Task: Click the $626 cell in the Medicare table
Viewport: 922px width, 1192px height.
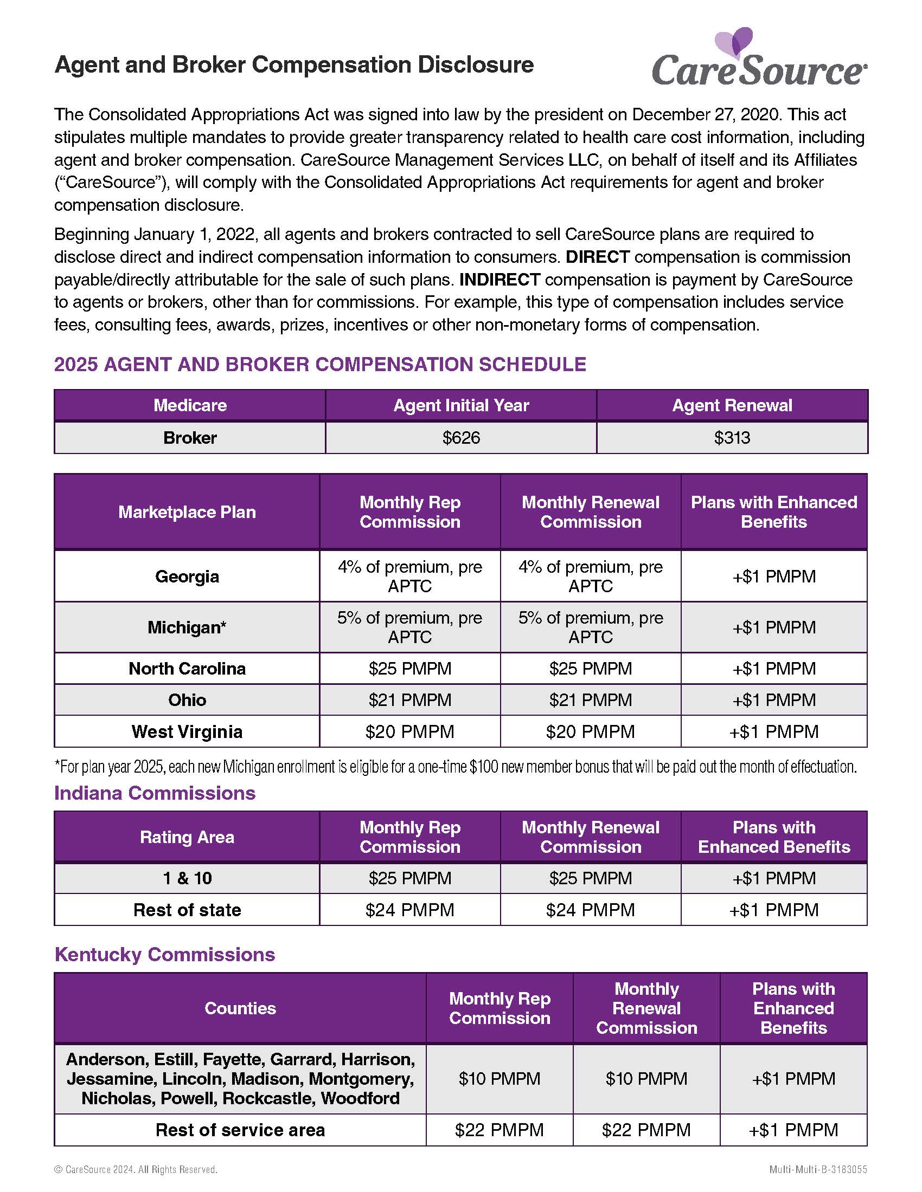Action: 461,438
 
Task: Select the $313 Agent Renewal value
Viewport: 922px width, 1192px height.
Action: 732,438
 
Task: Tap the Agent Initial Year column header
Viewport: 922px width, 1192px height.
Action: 461,405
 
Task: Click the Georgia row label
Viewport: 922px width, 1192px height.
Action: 187,576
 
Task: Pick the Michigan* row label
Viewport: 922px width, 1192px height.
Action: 187,627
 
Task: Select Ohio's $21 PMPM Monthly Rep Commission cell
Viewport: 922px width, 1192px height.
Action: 409,699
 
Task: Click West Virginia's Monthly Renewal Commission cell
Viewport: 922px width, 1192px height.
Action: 591,731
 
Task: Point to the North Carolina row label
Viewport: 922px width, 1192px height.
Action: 187,669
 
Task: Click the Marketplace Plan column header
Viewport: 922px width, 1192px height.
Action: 187,512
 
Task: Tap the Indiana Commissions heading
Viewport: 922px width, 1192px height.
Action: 155,793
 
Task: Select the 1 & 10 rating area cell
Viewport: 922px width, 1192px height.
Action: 187,878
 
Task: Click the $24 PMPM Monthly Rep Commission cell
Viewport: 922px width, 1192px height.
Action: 409,910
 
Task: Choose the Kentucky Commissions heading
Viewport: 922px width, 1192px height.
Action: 164,955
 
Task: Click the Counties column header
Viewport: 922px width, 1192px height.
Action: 240,1008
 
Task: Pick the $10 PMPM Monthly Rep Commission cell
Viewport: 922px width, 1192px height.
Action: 499,1078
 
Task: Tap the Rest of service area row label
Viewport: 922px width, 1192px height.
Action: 240,1130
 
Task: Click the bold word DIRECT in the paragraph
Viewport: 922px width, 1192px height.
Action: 598,257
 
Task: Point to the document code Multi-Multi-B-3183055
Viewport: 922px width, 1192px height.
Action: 818,1170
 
